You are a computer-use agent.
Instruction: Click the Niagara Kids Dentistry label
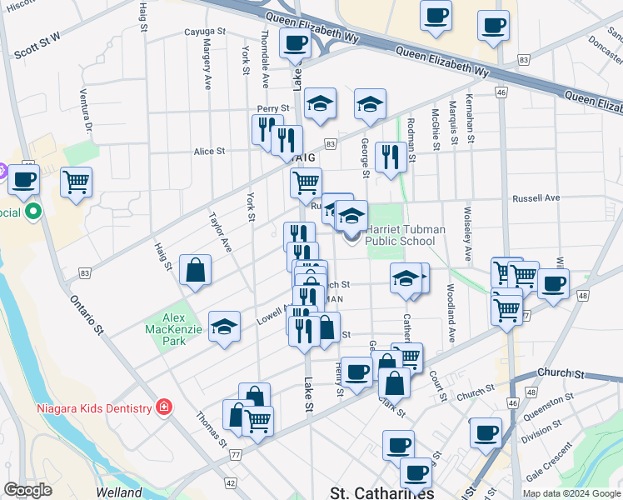pyautogui.click(x=94, y=407)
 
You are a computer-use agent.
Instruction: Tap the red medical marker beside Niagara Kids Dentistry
pyautogui.click(x=165, y=407)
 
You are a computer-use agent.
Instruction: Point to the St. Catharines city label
pyautogui.click(x=382, y=492)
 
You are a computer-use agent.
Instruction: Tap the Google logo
pyautogui.click(x=27, y=491)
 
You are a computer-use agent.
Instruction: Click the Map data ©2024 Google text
pyautogui.click(x=571, y=493)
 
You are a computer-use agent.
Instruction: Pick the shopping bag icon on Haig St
pyautogui.click(x=195, y=270)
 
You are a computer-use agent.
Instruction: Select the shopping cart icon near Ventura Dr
pyautogui.click(x=76, y=182)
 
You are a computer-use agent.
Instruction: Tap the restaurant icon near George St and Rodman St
pyautogui.click(x=390, y=156)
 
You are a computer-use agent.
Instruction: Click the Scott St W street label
pyautogui.click(x=37, y=47)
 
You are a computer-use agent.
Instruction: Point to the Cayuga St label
pyautogui.click(x=205, y=32)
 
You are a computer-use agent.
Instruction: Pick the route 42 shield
pyautogui.click(x=229, y=482)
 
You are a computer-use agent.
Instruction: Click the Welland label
pyautogui.click(x=118, y=492)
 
